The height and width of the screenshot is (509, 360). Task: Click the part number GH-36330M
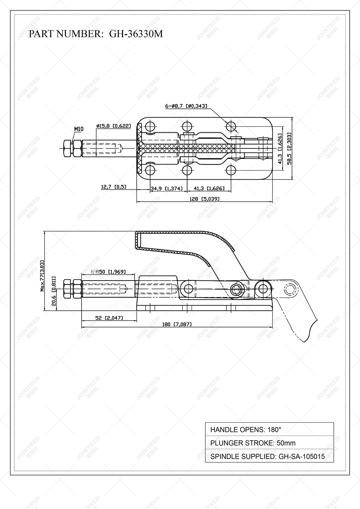point(136,34)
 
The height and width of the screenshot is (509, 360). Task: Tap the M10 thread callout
point(79,129)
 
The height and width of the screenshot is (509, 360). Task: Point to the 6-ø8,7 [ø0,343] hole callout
point(186,106)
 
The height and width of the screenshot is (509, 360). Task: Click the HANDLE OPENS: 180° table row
point(269,430)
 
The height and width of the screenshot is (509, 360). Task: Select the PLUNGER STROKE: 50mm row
point(269,443)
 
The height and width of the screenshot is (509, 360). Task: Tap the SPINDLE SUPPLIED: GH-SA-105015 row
point(269,456)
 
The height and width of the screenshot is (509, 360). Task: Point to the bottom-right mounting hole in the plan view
point(231,170)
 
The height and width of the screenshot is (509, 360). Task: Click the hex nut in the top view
point(72,149)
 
